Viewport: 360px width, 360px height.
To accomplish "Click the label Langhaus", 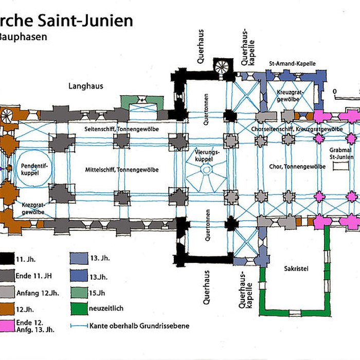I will [86, 86].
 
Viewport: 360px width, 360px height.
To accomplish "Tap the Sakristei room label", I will [295, 268].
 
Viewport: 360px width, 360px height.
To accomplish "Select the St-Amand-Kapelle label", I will [292, 63].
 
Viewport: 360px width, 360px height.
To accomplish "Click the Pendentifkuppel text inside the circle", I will [31, 170].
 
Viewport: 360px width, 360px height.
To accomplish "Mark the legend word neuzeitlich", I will [106, 309].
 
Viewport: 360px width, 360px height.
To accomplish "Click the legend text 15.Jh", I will [98, 294].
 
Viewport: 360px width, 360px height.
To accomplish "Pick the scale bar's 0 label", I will [335, 92].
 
